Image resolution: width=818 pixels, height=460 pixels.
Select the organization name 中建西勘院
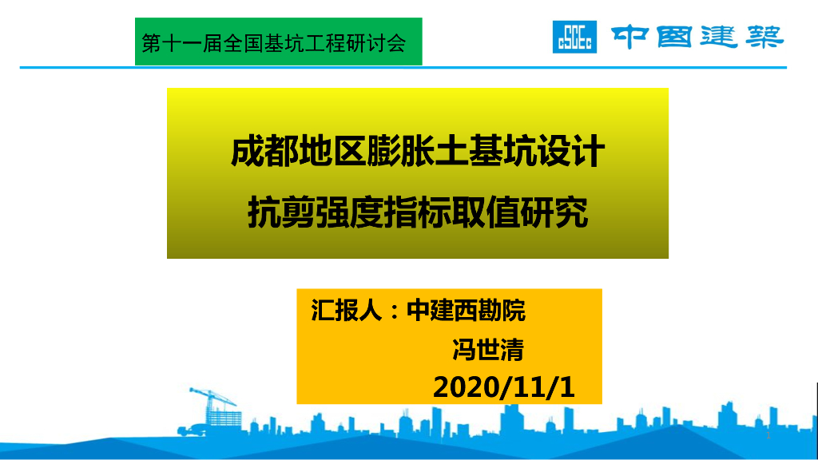coord(466,310)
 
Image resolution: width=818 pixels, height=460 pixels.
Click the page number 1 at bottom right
coord(768,436)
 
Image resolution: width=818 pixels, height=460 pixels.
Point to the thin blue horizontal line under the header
coord(399,68)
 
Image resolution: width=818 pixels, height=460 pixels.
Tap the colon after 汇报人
coord(394,311)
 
